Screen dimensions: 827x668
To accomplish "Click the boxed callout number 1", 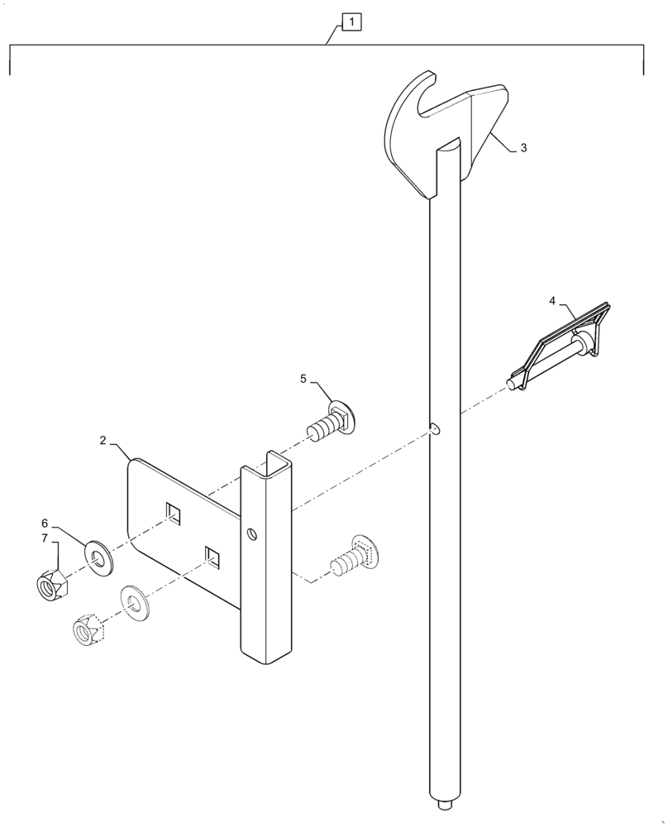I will coord(352,22).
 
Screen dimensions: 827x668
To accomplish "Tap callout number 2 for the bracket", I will coord(103,441).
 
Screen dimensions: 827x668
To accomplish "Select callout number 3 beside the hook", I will coord(523,148).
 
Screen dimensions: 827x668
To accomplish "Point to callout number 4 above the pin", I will coord(551,300).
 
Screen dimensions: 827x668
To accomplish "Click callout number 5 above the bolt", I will coord(303,379).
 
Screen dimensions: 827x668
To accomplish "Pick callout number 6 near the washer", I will coord(45,523).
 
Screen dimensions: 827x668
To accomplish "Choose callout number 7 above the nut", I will coord(45,539).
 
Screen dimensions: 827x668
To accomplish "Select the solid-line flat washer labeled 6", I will coord(99,555).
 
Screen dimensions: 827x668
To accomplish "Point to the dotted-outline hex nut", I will coord(88,630).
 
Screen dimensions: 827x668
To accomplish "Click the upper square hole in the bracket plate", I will coord(172,513).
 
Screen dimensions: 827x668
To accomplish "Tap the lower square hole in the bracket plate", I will coord(213,557).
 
